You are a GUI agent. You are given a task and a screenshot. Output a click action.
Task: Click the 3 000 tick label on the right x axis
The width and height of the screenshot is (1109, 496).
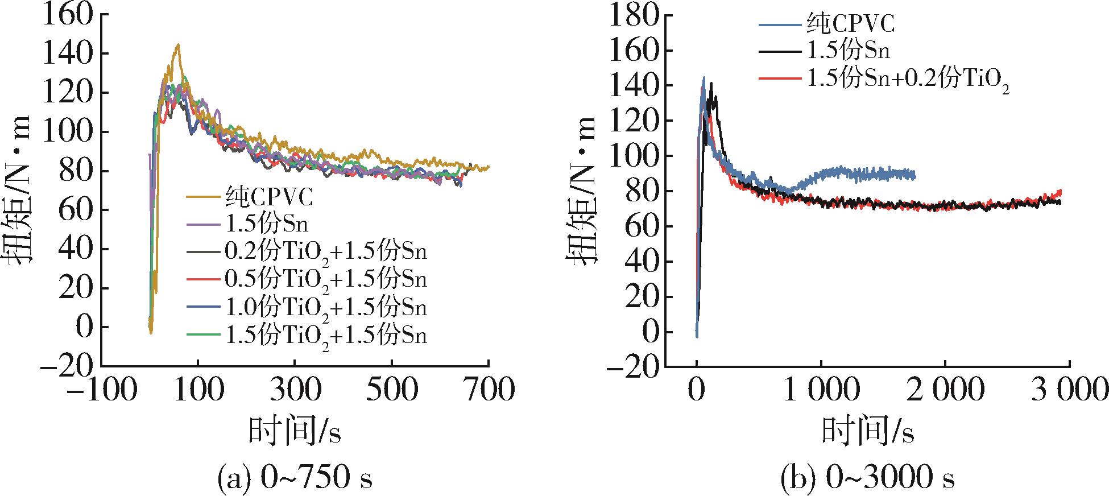click(1069, 392)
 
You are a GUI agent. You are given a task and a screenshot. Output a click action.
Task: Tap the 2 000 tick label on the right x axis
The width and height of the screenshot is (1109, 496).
click(945, 392)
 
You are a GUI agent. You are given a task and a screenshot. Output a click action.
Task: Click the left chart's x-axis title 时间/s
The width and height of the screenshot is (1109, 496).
click(295, 432)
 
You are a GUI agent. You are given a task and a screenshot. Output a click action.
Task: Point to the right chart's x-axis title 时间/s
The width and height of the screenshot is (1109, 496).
click(868, 432)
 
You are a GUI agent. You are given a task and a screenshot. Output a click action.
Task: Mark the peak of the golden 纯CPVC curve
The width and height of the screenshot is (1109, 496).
click(178, 45)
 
